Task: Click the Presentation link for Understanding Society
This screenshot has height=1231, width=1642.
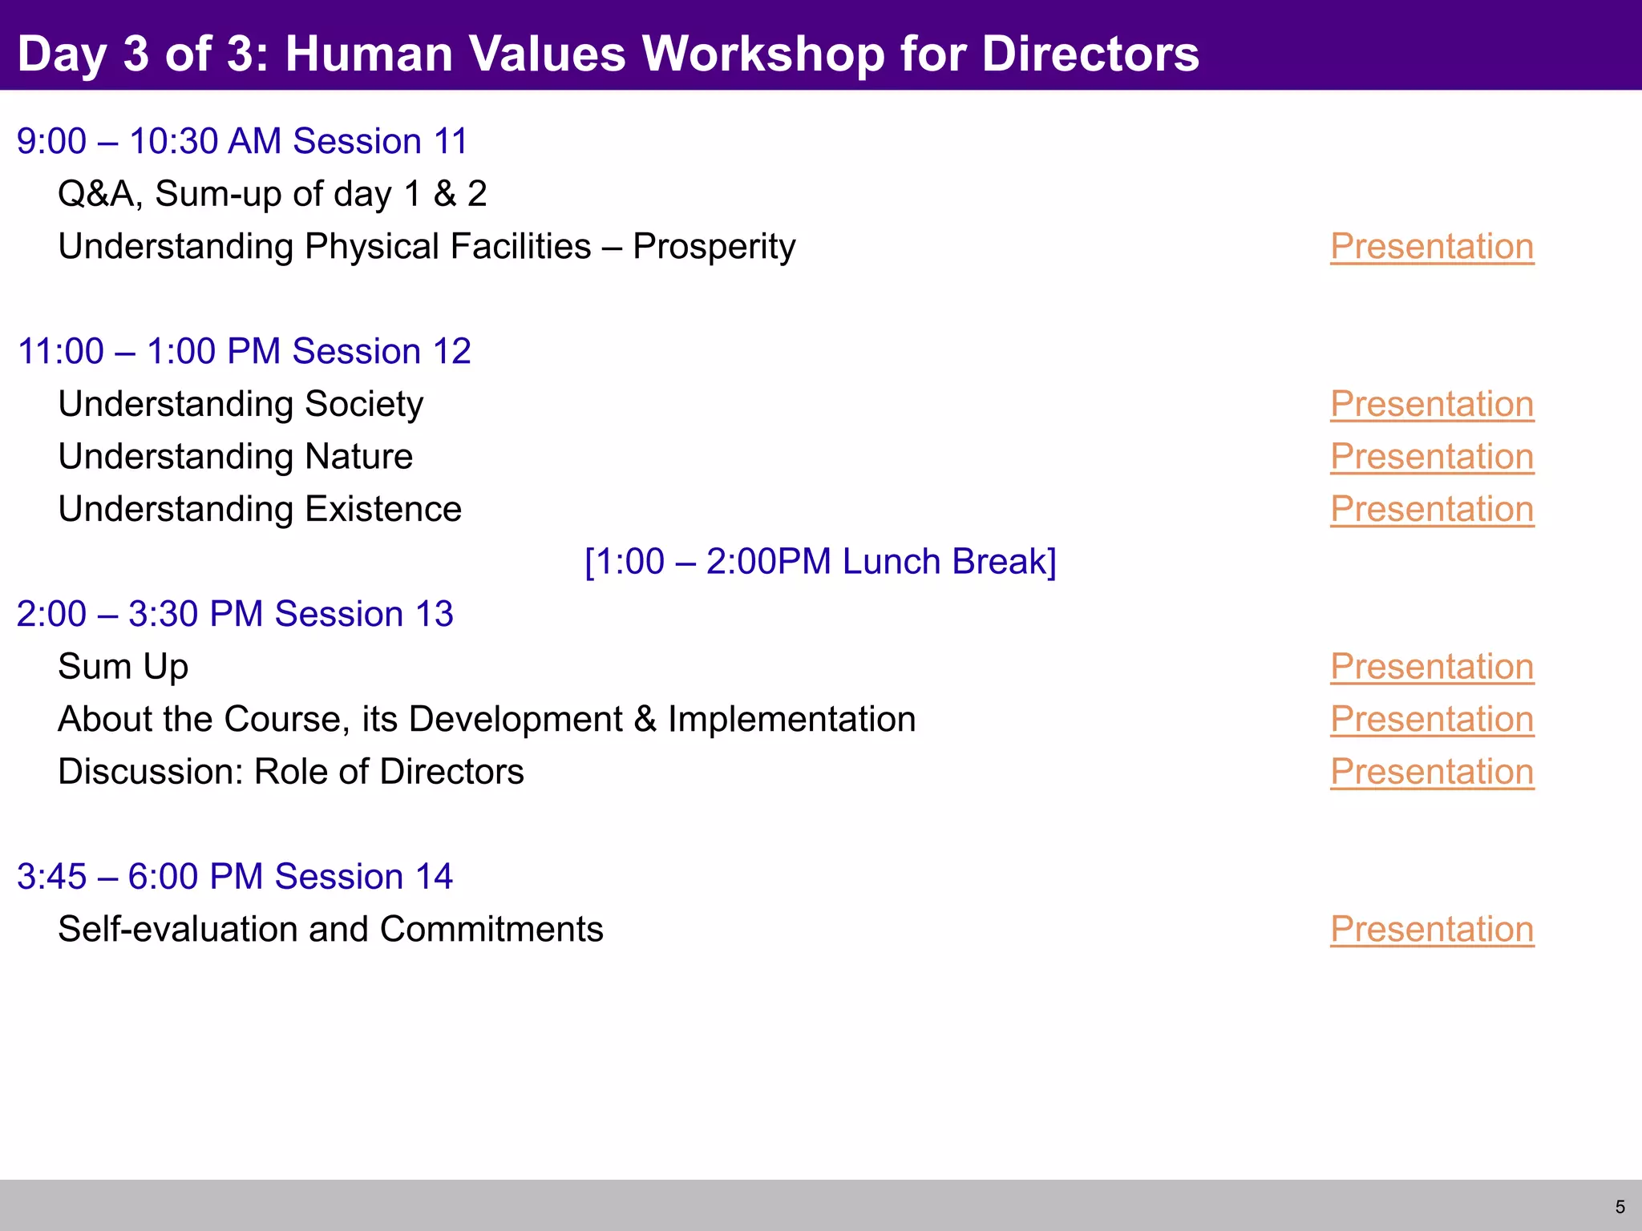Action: point(1432,404)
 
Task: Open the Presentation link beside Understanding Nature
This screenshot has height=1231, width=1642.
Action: point(1432,457)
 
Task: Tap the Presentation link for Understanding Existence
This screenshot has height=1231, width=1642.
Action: point(1432,509)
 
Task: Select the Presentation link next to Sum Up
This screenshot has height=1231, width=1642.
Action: point(1432,667)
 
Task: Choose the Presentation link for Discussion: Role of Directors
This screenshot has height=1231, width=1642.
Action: point(1432,772)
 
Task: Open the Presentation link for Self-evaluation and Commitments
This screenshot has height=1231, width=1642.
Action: point(1432,930)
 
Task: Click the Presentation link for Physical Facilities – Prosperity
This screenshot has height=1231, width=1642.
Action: point(1432,247)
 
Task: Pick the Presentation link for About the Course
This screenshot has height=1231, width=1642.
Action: point(1432,720)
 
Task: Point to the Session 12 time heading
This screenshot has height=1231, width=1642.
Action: point(244,352)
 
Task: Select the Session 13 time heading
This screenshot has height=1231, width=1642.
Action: point(235,615)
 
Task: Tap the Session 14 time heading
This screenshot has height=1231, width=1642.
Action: point(235,877)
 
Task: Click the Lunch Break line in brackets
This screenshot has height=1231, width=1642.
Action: point(820,562)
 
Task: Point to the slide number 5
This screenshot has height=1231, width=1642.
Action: point(1620,1207)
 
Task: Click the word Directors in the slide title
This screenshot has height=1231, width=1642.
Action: point(1090,54)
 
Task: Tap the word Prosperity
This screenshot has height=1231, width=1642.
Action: point(714,247)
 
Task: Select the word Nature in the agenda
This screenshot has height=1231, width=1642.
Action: point(358,457)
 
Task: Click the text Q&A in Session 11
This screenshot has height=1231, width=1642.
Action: point(96,194)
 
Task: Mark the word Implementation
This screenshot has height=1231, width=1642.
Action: point(791,720)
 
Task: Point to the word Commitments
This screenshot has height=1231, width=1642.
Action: point(491,930)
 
